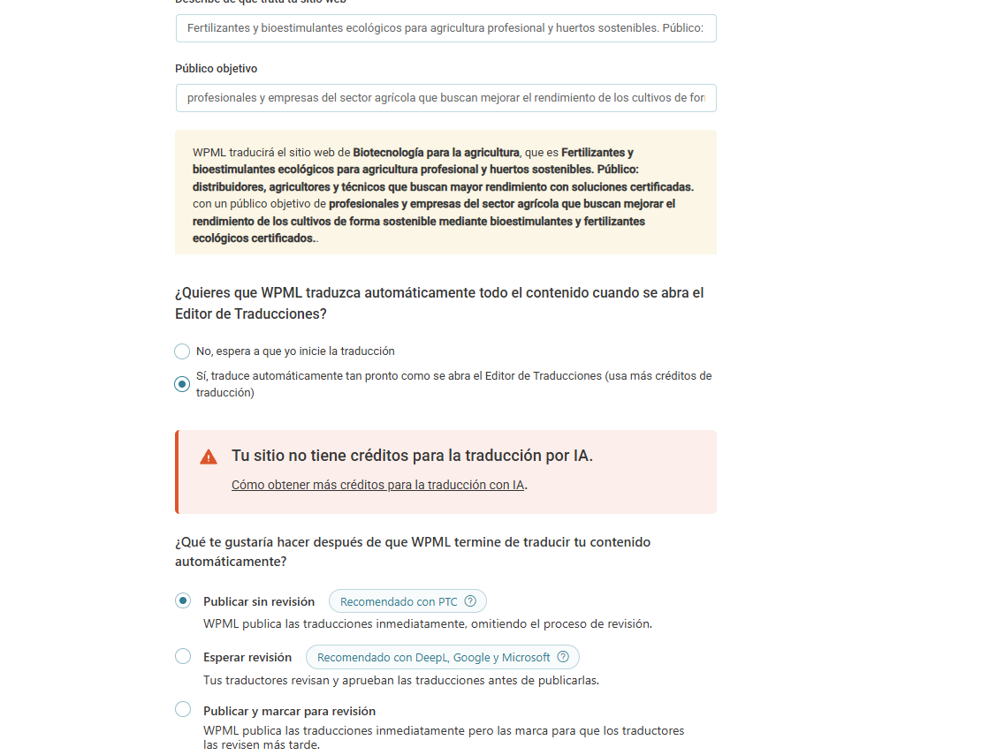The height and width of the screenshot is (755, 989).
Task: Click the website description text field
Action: [x=445, y=28]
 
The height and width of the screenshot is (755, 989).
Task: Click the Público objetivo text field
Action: [x=445, y=98]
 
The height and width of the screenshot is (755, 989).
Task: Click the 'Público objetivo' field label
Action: [x=216, y=68]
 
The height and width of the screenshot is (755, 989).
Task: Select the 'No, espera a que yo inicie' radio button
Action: [x=182, y=351]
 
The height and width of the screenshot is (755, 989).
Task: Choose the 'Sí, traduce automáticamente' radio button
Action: [x=182, y=384]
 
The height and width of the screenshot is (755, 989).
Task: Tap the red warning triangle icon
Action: [x=209, y=457]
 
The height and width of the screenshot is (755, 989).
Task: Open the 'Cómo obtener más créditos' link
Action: [x=378, y=485]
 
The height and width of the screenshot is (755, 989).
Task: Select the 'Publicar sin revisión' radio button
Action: [x=183, y=601]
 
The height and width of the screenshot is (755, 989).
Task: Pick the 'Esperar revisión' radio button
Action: [x=183, y=656]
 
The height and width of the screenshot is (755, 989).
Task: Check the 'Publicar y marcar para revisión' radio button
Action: [x=183, y=709]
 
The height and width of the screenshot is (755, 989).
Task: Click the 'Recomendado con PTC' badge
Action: [x=399, y=601]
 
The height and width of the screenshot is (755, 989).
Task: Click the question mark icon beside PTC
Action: [x=470, y=601]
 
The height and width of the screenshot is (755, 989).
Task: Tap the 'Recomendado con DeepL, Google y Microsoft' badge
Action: [x=433, y=657]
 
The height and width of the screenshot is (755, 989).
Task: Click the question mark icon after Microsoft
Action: [x=563, y=657]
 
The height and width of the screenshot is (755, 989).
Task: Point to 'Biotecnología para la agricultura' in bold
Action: [x=436, y=152]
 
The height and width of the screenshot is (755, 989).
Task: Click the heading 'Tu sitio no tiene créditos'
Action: [x=412, y=456]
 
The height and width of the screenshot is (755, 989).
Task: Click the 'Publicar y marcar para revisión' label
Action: [x=289, y=711]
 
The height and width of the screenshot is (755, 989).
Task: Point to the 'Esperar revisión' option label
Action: [x=247, y=657]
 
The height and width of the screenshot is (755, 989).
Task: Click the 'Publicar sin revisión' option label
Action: [x=259, y=601]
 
